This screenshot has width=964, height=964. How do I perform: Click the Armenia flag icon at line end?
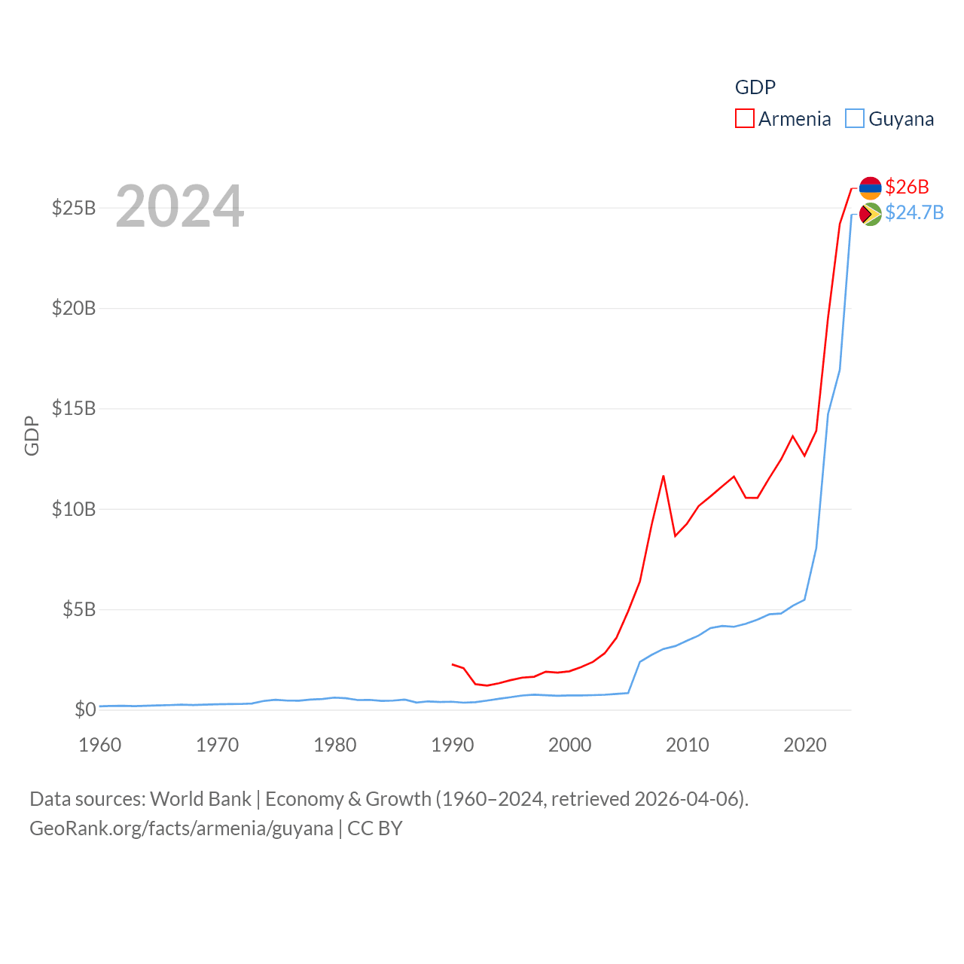click(870, 188)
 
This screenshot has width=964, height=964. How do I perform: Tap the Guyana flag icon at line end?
click(870, 214)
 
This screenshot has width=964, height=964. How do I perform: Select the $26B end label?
click(907, 187)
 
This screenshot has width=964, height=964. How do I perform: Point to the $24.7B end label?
click(914, 212)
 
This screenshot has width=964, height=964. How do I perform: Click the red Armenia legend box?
click(745, 118)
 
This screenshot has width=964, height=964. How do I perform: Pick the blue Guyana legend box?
click(855, 118)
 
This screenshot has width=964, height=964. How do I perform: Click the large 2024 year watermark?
click(179, 206)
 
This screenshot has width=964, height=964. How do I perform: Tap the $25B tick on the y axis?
click(74, 208)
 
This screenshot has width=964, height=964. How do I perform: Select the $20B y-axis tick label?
click(74, 308)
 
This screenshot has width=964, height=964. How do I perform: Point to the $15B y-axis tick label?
click(74, 408)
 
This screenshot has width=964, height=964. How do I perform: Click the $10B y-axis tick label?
click(74, 509)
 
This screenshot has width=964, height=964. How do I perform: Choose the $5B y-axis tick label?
click(79, 609)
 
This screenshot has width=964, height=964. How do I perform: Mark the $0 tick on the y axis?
click(85, 709)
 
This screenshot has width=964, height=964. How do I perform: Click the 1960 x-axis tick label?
click(100, 745)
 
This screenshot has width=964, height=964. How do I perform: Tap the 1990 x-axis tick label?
click(453, 745)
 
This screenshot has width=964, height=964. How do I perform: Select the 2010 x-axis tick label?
click(688, 745)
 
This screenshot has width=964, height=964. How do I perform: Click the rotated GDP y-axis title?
click(32, 435)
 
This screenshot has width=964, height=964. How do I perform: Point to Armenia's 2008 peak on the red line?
click(664, 476)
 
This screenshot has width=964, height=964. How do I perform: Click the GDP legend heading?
click(755, 87)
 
